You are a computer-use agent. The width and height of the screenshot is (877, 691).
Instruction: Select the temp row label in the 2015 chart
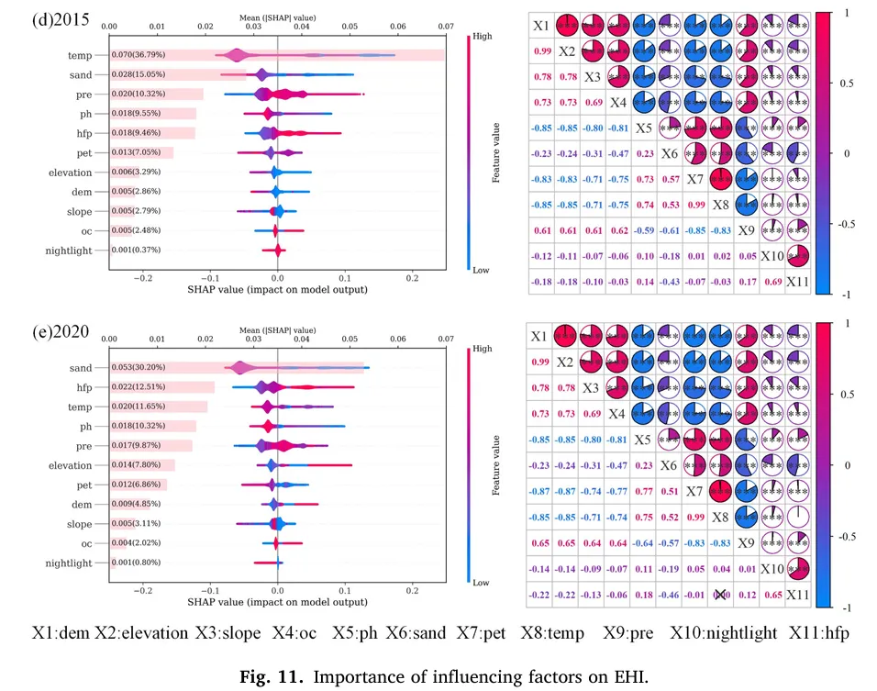(80, 56)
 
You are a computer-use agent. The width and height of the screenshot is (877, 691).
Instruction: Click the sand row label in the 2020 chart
(80, 368)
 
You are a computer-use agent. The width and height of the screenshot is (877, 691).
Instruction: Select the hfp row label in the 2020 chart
(82, 387)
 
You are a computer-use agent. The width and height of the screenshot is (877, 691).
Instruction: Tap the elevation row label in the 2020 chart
(70, 465)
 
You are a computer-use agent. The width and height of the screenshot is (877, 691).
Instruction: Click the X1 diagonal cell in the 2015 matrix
(542, 25)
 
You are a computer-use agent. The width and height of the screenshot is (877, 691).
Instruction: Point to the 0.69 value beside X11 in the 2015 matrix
(772, 282)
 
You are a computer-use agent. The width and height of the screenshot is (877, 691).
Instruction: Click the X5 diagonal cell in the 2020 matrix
(644, 440)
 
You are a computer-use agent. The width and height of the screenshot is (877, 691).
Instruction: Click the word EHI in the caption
(627, 678)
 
